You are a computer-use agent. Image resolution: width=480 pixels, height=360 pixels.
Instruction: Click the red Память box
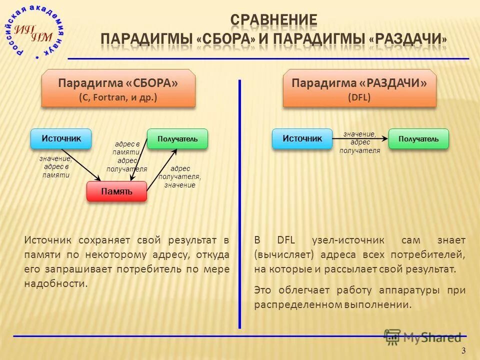[x=116, y=191]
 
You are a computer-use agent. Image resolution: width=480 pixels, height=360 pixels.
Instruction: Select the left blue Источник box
[x=61, y=138]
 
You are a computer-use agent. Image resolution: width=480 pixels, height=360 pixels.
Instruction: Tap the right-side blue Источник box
[x=302, y=138]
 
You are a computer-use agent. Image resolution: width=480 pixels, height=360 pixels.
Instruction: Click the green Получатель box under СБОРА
[x=177, y=138]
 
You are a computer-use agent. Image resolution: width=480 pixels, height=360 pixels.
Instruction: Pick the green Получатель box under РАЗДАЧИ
[x=418, y=138]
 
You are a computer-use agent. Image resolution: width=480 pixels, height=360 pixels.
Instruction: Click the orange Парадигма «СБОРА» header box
[x=118, y=88]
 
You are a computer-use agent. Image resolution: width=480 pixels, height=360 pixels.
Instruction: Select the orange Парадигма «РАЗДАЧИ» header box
[x=359, y=88]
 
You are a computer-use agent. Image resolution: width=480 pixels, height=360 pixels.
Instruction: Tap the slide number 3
[x=463, y=350]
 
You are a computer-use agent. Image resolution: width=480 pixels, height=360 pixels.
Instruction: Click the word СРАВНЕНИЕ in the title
[x=273, y=20]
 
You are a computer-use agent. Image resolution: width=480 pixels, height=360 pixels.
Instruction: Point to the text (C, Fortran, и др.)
[x=118, y=97]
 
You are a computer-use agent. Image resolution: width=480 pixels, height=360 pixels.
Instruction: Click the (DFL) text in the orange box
[x=359, y=97]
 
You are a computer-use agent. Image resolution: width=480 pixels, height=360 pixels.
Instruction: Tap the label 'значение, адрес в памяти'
[x=55, y=167]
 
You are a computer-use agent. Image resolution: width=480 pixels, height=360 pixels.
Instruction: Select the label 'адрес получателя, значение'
[x=179, y=177]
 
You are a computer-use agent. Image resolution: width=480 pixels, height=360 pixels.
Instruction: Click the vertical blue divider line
[x=240, y=200]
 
